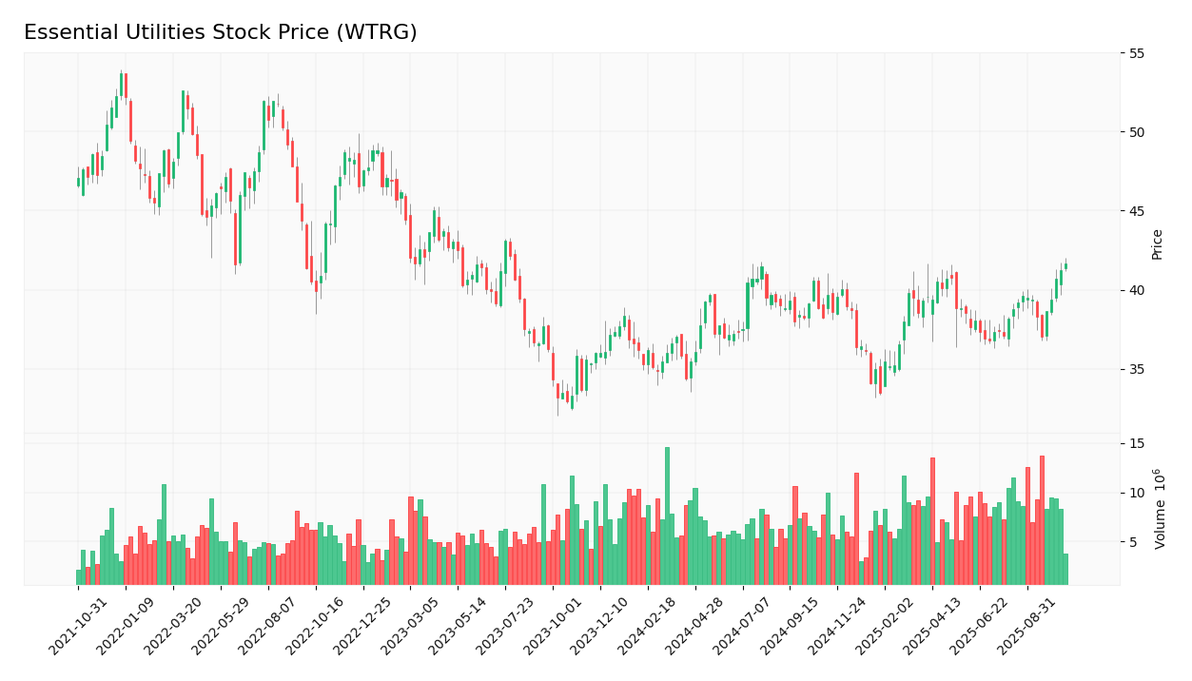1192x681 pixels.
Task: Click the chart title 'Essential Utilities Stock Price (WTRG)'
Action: [x=220, y=33]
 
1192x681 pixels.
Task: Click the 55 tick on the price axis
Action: [x=1138, y=53]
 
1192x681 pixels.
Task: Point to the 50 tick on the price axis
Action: [x=1138, y=132]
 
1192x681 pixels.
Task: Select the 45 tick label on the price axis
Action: [x=1138, y=211]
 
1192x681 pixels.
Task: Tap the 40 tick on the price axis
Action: [x=1138, y=290]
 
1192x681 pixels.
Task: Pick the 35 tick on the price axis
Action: [x=1138, y=369]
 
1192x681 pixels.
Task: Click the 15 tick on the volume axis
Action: [x=1138, y=443]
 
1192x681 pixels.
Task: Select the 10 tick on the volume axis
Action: [x=1138, y=493]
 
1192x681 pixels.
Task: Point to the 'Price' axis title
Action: [x=1158, y=243]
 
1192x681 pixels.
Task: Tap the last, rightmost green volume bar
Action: [x=1065, y=569]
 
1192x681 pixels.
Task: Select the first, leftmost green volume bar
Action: [x=78, y=577]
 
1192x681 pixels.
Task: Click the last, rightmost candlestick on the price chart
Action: [x=1065, y=266]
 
